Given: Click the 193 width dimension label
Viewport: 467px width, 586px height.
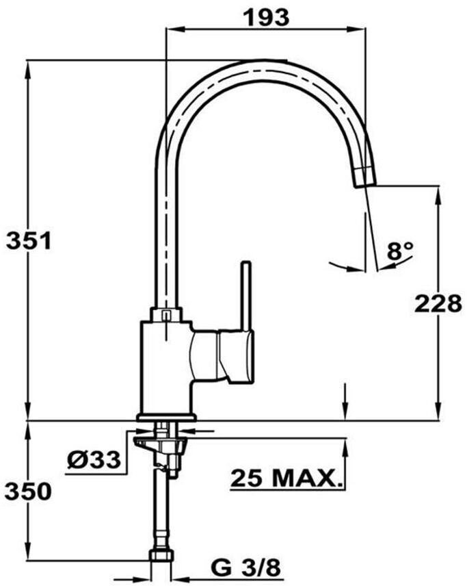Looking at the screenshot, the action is [266, 17].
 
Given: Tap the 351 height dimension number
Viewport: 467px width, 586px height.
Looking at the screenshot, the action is [29, 240].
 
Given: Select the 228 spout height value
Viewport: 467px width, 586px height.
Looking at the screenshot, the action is [438, 303].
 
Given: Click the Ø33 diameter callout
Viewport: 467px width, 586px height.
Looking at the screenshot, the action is [94, 459].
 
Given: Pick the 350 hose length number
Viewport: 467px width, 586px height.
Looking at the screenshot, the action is [28, 492].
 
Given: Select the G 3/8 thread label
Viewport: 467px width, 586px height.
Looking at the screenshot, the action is [245, 569].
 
